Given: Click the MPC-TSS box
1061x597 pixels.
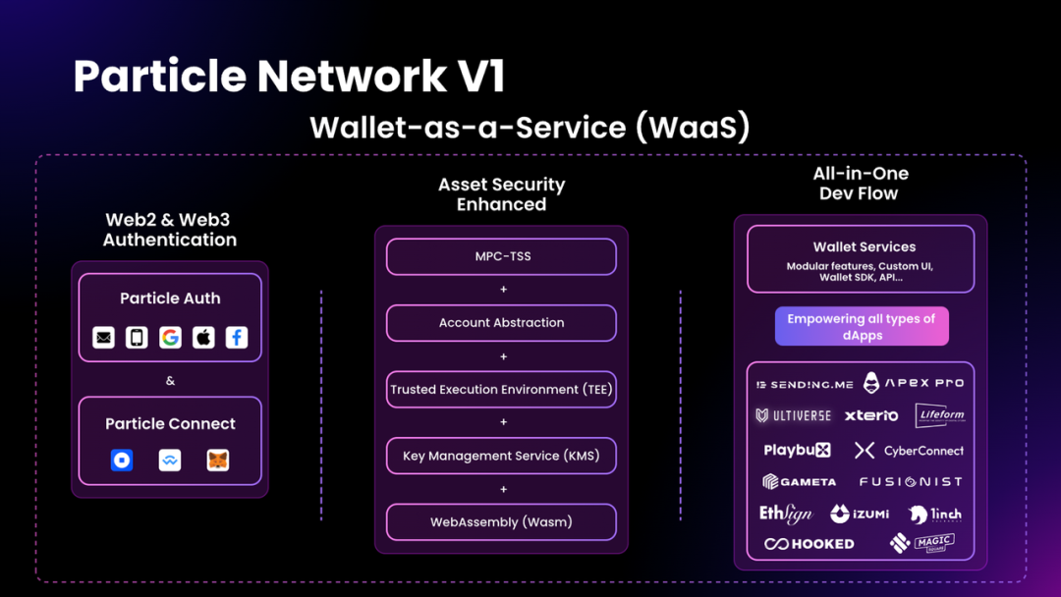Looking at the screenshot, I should [x=501, y=256].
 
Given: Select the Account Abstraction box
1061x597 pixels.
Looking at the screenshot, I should [x=501, y=323].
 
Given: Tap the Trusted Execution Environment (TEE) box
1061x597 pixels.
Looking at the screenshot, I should [x=501, y=389].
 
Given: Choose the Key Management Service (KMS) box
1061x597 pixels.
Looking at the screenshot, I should [x=501, y=456].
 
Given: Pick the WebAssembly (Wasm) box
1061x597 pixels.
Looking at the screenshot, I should [x=501, y=521].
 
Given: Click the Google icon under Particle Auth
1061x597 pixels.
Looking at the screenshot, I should [x=170, y=338].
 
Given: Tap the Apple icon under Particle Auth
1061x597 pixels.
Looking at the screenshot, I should [x=203, y=338].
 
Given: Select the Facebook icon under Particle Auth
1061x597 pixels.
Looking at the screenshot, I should [x=237, y=338].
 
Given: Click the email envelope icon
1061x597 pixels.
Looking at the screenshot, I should [x=103, y=338].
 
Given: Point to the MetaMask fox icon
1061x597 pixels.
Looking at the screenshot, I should [x=218, y=460].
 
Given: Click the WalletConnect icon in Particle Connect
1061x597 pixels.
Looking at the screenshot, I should [x=170, y=460].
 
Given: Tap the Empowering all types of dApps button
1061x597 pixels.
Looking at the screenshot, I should [x=862, y=327].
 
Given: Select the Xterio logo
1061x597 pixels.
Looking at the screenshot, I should [x=871, y=415].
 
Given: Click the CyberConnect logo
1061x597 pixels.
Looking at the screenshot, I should [x=909, y=451].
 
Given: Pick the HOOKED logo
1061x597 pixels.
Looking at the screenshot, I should [x=810, y=543].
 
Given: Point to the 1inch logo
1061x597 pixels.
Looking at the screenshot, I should [x=935, y=514].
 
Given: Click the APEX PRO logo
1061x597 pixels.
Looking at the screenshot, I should [x=914, y=383].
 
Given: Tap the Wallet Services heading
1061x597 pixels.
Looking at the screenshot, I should [x=865, y=247].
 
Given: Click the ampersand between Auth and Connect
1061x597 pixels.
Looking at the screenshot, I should [x=170, y=380].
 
